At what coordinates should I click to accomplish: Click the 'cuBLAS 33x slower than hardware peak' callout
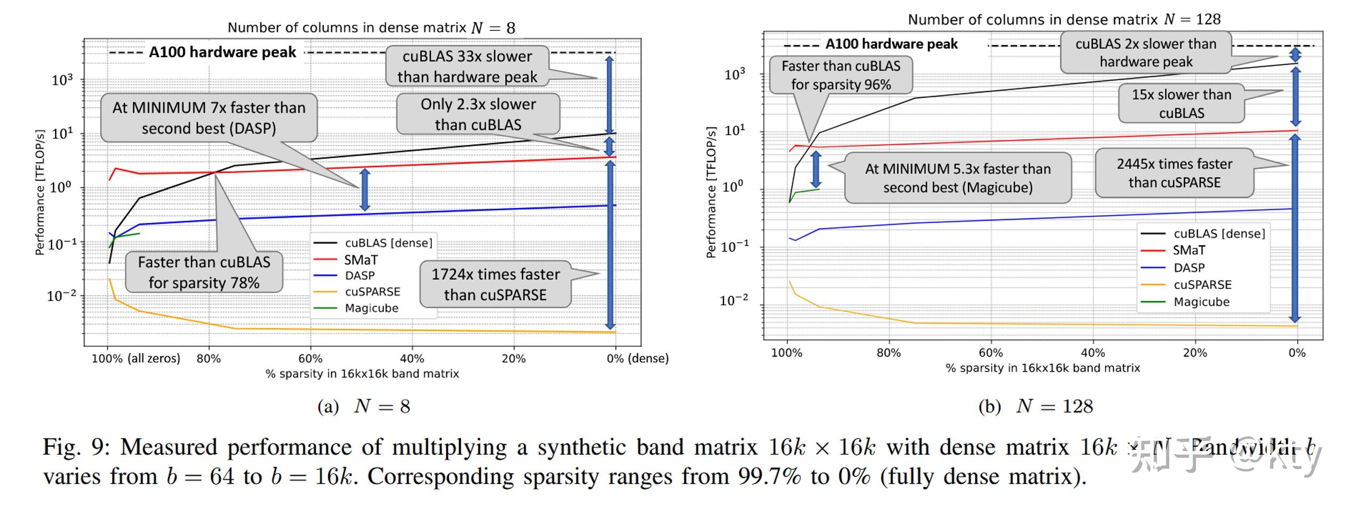(467, 66)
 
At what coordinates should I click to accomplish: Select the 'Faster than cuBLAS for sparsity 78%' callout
(204, 272)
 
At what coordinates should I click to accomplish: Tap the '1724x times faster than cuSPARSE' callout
(495, 284)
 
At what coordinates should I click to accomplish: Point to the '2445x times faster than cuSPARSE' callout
(1174, 173)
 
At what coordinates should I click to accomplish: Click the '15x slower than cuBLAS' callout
(1181, 104)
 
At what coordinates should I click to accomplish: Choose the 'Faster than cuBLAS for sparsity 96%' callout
(840, 75)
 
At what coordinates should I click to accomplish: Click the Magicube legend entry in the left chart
(371, 308)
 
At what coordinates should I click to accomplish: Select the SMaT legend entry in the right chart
(1188, 250)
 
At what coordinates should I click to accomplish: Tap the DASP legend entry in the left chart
(360, 275)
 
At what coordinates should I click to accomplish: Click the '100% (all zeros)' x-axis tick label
(136, 358)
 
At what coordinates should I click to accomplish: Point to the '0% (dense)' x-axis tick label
(637, 358)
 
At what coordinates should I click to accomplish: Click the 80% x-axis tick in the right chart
(889, 353)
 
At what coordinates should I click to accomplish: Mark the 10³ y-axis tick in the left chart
(62, 80)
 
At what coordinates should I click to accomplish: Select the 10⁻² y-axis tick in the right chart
(734, 301)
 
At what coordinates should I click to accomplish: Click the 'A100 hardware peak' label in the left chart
(222, 52)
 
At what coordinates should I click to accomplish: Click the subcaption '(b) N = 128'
(1035, 407)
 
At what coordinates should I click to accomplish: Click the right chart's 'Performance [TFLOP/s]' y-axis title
(710, 192)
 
